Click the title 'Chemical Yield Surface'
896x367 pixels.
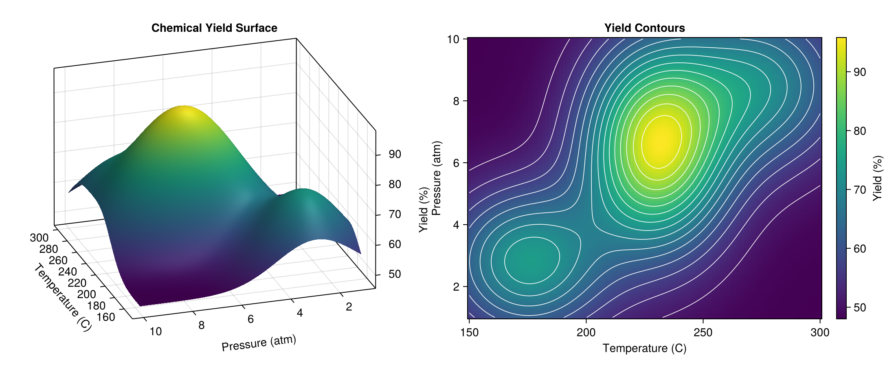point(214,28)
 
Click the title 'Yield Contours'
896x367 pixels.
point(644,28)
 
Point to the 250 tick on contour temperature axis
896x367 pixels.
point(703,332)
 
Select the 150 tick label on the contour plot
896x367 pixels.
point(469,332)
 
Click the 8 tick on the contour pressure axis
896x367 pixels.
point(456,101)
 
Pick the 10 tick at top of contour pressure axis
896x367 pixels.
point(453,39)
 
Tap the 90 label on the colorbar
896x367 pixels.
point(860,72)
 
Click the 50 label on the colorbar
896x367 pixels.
point(860,307)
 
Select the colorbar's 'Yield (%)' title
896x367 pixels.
point(878,178)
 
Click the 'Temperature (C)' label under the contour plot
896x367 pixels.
point(644,348)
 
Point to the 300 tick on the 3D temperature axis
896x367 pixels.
point(39,238)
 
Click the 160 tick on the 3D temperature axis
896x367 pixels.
point(106,317)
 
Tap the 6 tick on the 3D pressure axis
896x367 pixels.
point(250,319)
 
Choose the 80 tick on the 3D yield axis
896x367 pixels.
point(395,184)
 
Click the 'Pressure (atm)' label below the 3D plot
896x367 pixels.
point(259,343)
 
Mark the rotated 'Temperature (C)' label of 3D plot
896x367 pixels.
point(63,297)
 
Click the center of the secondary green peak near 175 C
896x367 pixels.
point(531,261)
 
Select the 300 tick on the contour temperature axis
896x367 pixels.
point(819,332)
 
